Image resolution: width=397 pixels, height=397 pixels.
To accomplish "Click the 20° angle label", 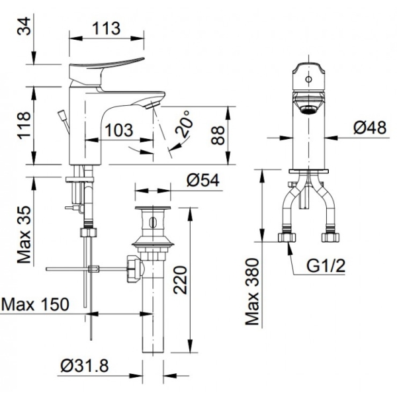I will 183,126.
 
